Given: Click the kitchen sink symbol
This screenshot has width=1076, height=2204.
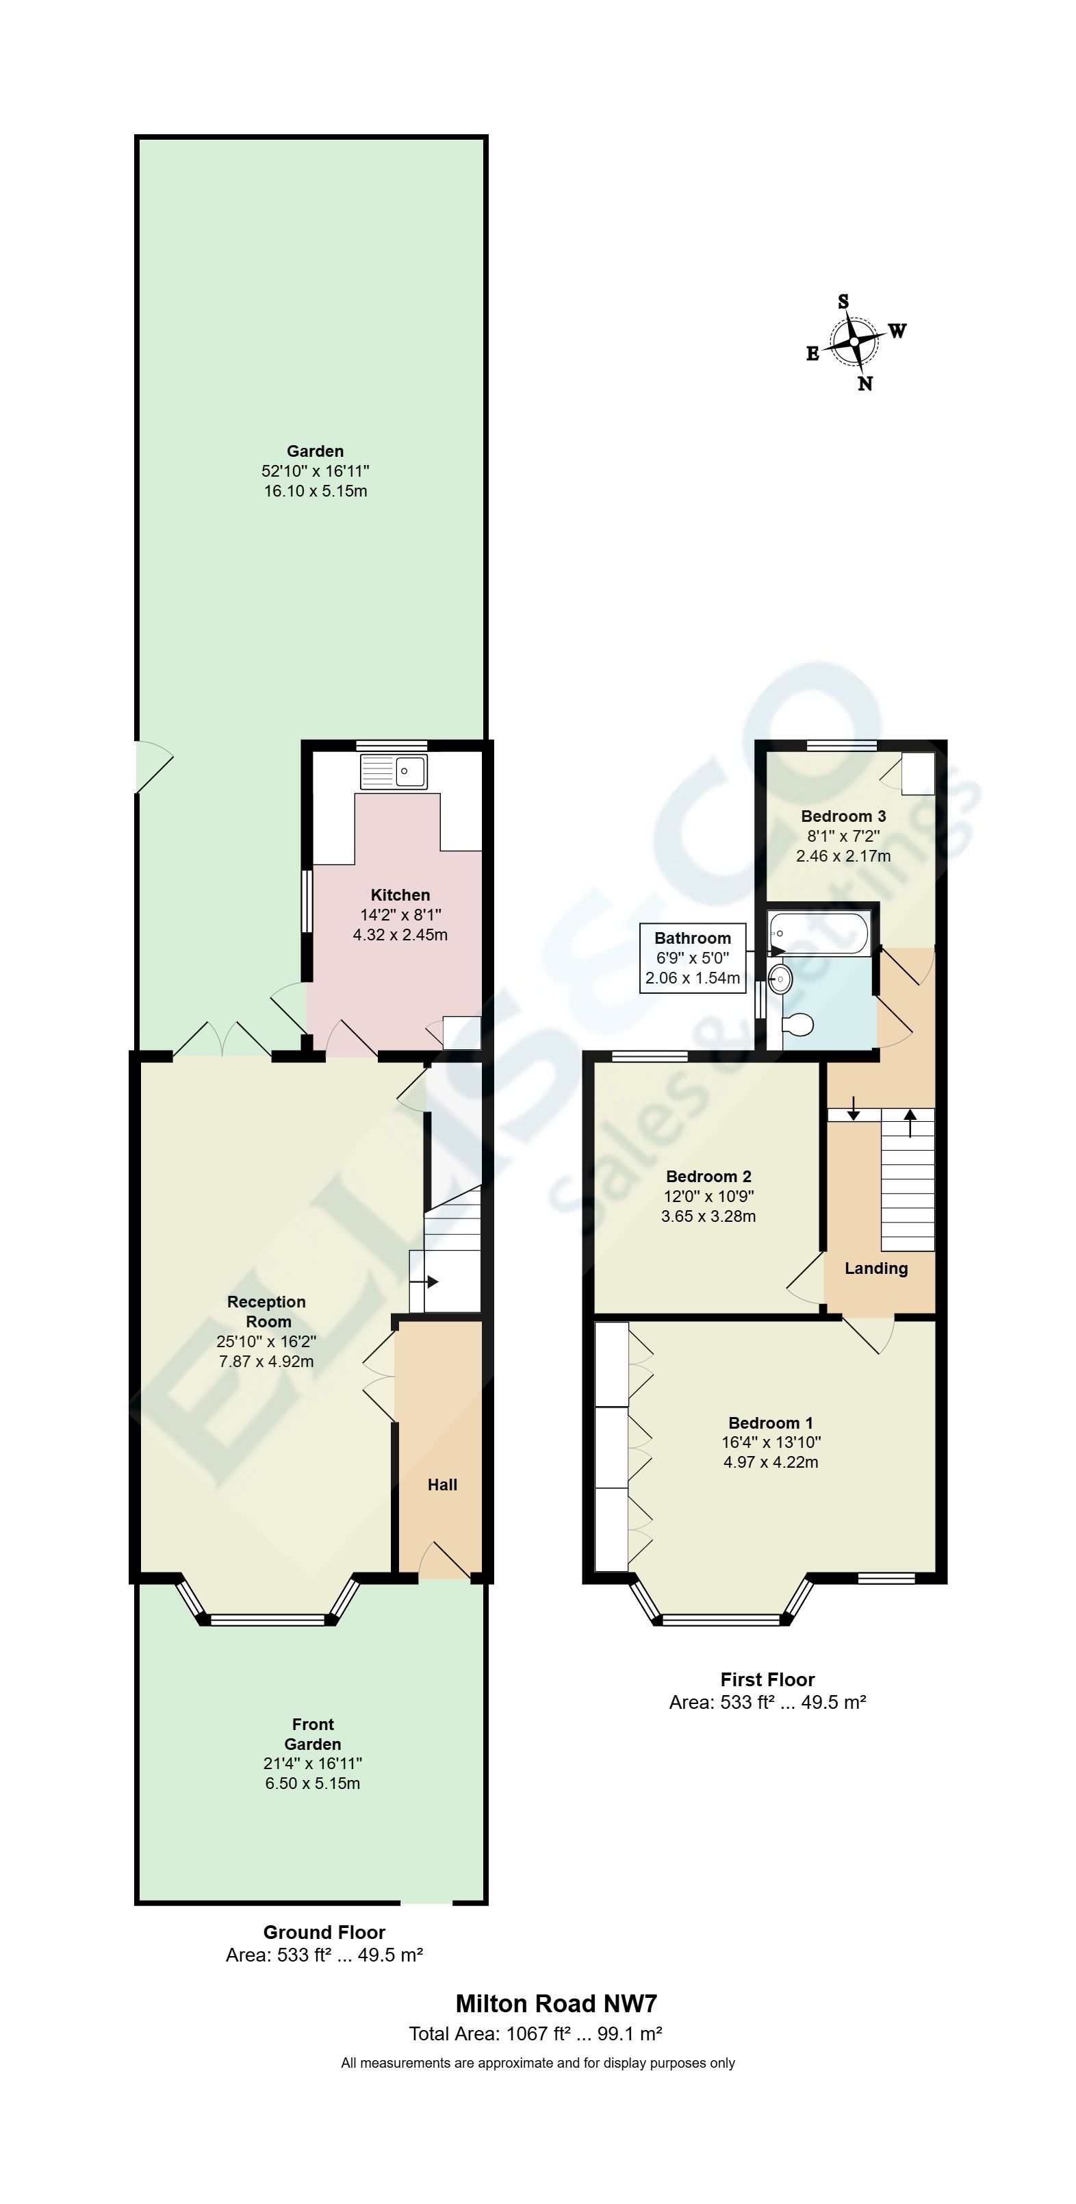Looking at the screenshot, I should (x=394, y=772).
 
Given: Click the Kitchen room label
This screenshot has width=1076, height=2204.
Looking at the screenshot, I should (x=400, y=895).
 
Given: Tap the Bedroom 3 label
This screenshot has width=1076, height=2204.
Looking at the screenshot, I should (x=843, y=816).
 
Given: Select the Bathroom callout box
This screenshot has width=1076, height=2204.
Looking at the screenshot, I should (x=693, y=957).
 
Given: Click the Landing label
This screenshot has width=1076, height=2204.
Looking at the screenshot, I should (x=876, y=1268).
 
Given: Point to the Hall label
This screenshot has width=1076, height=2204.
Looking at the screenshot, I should (x=442, y=1484).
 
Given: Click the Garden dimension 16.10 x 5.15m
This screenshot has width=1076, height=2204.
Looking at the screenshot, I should (x=316, y=491).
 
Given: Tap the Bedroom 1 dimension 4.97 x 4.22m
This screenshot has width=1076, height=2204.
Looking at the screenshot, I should (x=771, y=1462).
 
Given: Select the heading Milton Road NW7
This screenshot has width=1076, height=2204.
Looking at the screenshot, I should (x=556, y=2004).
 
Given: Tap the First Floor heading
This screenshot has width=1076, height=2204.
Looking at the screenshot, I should (x=767, y=1679).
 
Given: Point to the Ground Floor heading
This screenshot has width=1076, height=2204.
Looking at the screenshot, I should (x=324, y=1932).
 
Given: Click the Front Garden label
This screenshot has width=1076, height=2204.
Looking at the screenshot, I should (x=313, y=1733).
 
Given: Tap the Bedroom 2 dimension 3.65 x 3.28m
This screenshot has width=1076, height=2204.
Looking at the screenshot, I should (x=708, y=1216).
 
